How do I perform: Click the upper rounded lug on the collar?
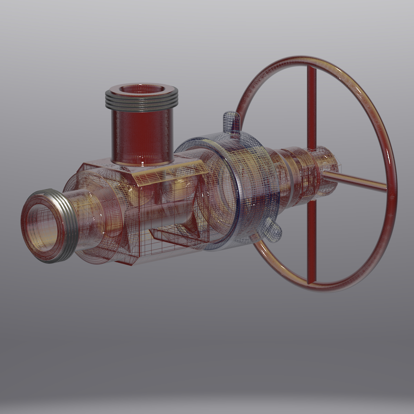(x=231, y=121)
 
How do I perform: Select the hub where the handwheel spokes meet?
(x=319, y=172)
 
